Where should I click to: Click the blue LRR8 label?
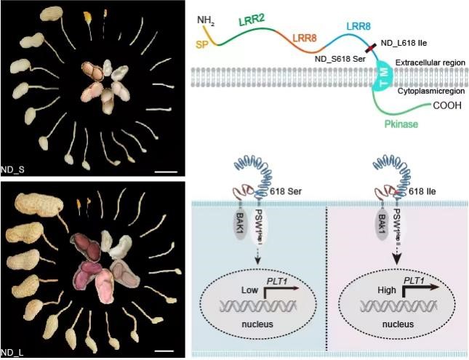pyautogui.click(x=358, y=27)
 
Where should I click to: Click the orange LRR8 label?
pyautogui.click(x=305, y=38)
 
